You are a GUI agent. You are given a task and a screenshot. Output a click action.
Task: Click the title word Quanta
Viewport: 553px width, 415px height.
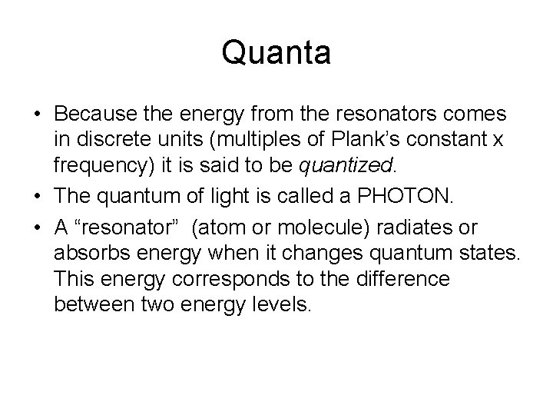(x=276, y=53)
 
